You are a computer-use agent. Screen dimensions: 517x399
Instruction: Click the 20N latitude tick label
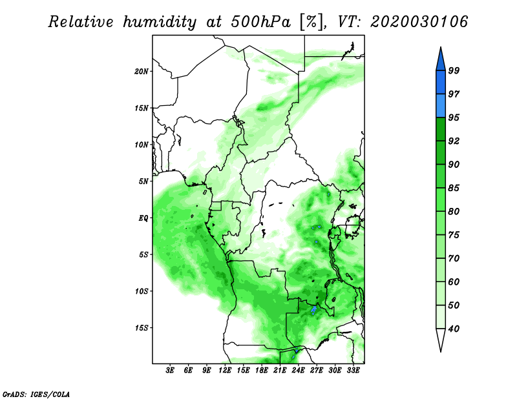pyautogui.click(x=141, y=72)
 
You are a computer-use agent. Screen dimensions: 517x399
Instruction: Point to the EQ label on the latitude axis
pyautogui.click(x=143, y=218)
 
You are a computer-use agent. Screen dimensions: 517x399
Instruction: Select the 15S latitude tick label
pyautogui.click(x=141, y=328)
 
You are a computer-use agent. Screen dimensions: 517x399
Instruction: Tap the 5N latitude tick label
pyautogui.click(x=143, y=181)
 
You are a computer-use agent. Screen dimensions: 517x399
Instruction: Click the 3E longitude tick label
pyautogui.click(x=170, y=371)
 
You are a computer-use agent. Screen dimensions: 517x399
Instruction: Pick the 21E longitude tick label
pyautogui.click(x=280, y=371)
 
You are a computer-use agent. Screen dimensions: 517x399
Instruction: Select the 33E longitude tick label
pyautogui.click(x=353, y=371)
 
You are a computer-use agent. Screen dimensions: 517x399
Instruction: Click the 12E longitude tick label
pyautogui.click(x=225, y=371)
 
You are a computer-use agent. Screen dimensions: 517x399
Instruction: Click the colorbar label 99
pyautogui.click(x=454, y=70)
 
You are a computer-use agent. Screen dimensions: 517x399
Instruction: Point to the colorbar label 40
pyautogui.click(x=454, y=329)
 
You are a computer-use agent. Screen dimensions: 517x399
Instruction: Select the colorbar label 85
pyautogui.click(x=454, y=188)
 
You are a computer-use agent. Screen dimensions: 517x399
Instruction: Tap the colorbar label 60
pyautogui.click(x=454, y=281)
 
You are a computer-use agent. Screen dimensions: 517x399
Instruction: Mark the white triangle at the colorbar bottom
pyautogui.click(x=441, y=338)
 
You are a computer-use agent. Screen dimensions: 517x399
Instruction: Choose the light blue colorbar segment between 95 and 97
pyautogui.click(x=441, y=106)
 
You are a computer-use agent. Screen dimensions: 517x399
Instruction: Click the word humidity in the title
pyautogui.click(x=160, y=23)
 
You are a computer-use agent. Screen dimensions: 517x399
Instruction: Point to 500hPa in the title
pyautogui.click(x=261, y=22)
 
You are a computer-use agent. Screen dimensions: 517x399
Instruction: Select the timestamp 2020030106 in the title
pyautogui.click(x=419, y=21)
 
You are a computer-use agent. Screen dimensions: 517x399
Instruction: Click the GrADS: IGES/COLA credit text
pyautogui.click(x=36, y=394)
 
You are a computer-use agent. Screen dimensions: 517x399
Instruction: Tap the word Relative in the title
pyautogui.click(x=81, y=22)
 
